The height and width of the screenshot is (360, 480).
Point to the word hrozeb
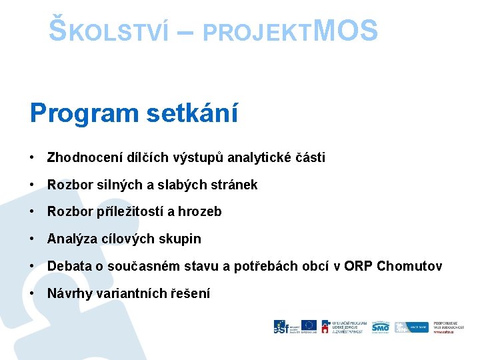click(200, 212)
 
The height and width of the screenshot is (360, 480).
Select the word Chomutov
click(409, 266)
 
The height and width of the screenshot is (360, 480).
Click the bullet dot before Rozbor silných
click(32, 185)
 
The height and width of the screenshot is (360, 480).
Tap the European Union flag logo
click(308, 326)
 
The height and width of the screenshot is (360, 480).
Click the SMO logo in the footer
click(381, 326)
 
